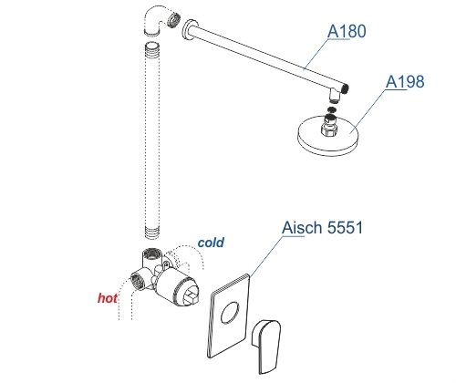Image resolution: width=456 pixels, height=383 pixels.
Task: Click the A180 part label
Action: coord(347,31)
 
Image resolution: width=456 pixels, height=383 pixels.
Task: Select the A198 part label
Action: coord(405,81)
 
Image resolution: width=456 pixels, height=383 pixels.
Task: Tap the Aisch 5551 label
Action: coord(322,227)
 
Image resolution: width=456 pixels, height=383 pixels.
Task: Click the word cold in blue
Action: coord(211,243)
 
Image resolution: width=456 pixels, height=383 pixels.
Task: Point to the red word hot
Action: coord(108,298)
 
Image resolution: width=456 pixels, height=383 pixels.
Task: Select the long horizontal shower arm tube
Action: coord(267,56)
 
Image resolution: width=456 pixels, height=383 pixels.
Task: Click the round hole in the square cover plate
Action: coord(230,313)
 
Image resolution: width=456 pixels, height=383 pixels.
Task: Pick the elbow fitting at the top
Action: coord(154,21)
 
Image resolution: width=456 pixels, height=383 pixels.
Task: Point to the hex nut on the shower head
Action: coord(329,129)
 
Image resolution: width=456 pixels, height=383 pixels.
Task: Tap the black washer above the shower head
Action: coord(332,109)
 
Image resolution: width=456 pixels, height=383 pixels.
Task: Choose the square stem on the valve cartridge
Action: coord(192,296)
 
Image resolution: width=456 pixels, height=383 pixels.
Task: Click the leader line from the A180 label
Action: coord(316,53)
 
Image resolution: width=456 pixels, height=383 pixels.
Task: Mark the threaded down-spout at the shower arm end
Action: coord(335,96)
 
